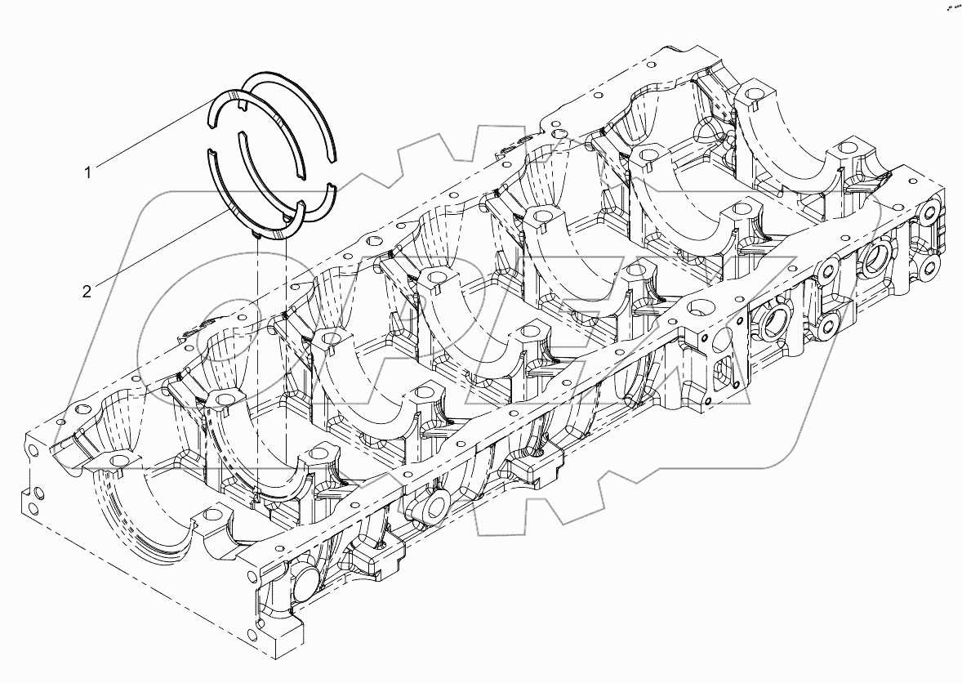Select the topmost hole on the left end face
pos(33,452)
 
